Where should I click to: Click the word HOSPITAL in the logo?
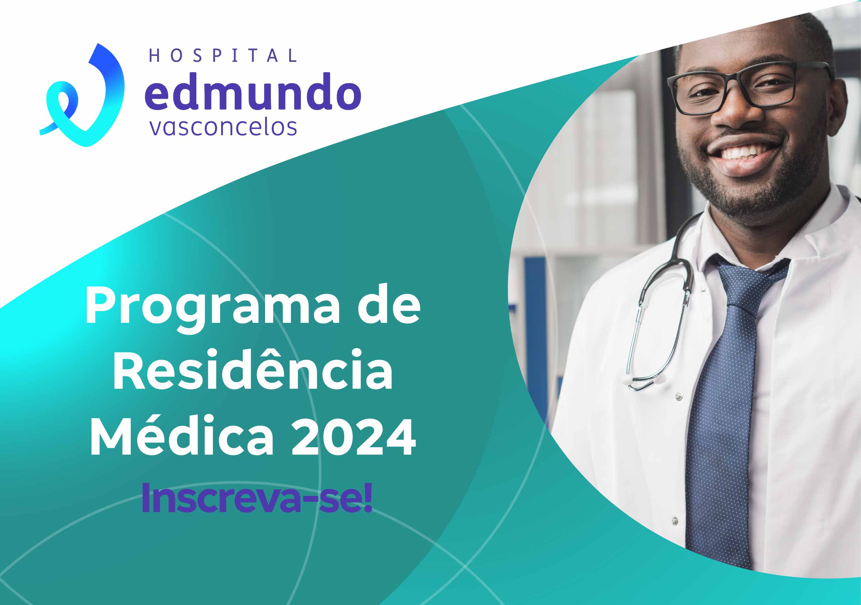click(x=223, y=55)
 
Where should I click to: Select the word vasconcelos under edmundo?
click(x=223, y=128)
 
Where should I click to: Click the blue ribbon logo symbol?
click(x=82, y=95)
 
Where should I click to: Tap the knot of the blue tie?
click(x=750, y=281)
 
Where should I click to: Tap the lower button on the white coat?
click(x=675, y=520)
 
